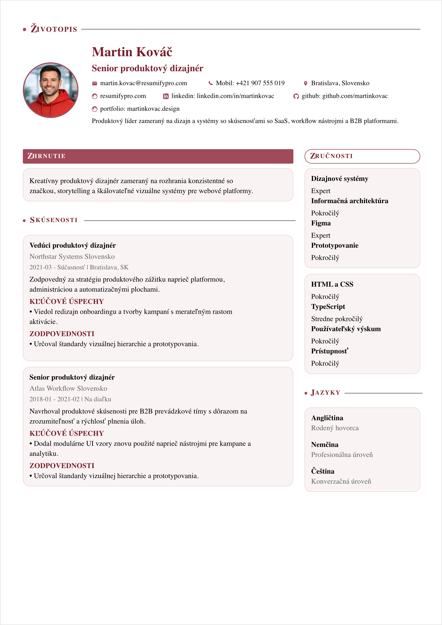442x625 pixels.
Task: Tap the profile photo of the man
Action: coord(51,90)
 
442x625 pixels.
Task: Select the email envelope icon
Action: coord(94,83)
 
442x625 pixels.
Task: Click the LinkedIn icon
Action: coord(166,96)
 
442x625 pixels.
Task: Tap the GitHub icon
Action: coord(296,96)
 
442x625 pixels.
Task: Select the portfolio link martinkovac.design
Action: coord(153,109)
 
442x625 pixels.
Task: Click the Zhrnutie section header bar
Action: coord(158,156)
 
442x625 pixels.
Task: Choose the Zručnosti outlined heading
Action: coord(362,156)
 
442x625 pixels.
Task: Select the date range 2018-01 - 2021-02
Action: coord(55,399)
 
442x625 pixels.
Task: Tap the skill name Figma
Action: coord(321,223)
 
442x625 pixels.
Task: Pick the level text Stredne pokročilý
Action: coord(337,319)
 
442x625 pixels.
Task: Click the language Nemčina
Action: coord(325,444)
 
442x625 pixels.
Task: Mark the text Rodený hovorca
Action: coord(335,428)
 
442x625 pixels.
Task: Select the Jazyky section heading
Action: coord(325,393)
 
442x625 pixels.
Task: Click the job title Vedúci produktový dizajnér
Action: coord(72,245)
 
